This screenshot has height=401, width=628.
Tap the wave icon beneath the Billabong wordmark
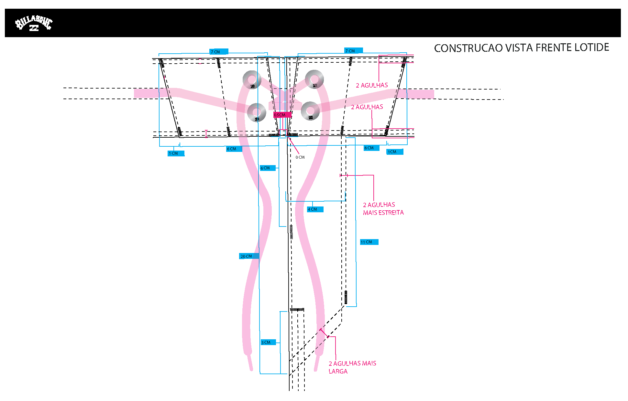[x=34, y=28]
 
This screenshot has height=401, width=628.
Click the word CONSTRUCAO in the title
[x=468, y=48]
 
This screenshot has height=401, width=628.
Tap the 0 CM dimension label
[x=300, y=157]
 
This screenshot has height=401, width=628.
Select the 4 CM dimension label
[x=315, y=209]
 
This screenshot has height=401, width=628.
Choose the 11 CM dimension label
[x=369, y=242]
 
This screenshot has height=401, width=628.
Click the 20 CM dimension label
[x=249, y=256]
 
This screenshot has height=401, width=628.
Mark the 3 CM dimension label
[x=268, y=342]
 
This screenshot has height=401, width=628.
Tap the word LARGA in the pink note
[x=338, y=372]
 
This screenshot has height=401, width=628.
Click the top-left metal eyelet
[x=252, y=79]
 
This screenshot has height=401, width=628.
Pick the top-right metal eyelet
[x=314, y=79]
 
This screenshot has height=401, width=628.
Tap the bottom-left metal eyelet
[x=257, y=112]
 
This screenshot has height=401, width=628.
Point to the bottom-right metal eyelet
[x=310, y=111]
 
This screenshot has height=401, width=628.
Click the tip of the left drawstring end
[x=251, y=370]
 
